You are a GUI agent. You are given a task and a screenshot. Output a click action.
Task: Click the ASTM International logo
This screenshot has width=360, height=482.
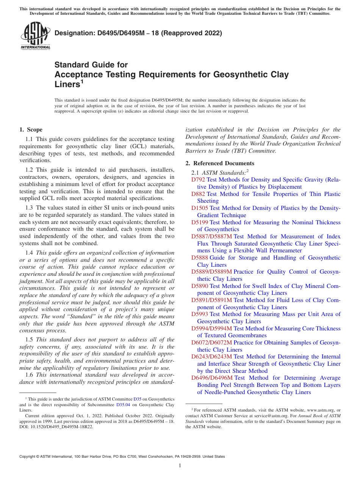coord(35,36)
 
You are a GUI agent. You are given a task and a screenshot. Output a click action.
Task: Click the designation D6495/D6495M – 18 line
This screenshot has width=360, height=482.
coord(138,33)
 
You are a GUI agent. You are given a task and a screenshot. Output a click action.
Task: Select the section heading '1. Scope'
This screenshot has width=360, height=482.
coord(31,130)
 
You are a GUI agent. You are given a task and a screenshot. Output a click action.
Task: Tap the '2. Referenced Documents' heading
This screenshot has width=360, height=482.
coord(220,163)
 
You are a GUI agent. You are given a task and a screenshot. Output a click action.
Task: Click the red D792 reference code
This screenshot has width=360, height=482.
coord(198,180)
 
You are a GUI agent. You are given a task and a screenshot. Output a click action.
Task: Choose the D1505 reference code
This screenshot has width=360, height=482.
coord(200,208)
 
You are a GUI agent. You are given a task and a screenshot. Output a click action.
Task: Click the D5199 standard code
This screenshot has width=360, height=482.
coord(200,222)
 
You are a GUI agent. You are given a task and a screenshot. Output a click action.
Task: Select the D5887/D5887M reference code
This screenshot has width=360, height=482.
coord(211,236)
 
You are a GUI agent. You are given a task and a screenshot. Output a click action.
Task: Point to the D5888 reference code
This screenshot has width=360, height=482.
coord(200,258)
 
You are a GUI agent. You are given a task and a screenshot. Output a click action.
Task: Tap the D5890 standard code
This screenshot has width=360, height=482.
coord(200,286)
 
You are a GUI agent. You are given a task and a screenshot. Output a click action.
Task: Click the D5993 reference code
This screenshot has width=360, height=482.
coord(200,314)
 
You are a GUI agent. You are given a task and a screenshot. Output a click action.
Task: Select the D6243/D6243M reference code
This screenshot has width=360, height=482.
coord(211,357)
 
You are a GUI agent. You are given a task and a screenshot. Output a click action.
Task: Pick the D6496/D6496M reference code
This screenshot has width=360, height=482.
coord(211,378)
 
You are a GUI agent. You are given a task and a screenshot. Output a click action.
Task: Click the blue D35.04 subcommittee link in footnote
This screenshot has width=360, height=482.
coord(122,404)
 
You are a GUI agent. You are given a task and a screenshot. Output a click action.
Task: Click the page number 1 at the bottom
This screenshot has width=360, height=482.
coord(180,466)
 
